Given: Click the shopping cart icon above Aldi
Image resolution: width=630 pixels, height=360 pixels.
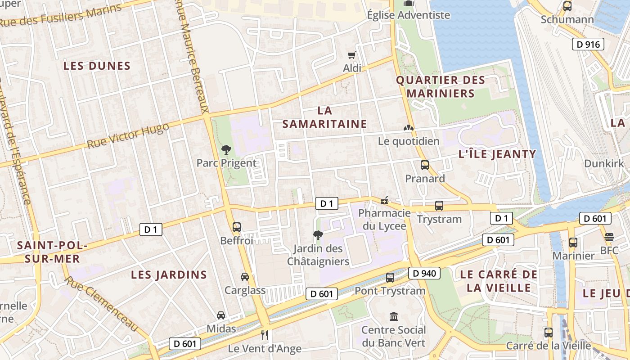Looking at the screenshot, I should click(x=351, y=55).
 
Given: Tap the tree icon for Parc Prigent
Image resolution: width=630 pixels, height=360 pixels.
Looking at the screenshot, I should click(x=226, y=150).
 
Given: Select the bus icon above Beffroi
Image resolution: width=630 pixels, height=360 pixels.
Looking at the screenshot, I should click(x=237, y=227).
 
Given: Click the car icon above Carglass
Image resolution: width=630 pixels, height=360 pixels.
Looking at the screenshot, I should click(x=245, y=277).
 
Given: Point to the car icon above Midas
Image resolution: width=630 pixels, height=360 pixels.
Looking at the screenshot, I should click(x=221, y=315).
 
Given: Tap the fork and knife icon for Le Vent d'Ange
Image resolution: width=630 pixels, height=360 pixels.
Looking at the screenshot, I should click(x=265, y=335).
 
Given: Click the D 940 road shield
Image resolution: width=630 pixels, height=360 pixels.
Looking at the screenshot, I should click(x=424, y=273).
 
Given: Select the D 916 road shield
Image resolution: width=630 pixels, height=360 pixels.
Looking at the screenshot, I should click(x=588, y=44).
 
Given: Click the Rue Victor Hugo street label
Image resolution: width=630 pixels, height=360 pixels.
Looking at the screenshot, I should click(x=128, y=135).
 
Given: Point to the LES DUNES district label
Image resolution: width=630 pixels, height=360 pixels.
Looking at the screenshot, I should click(x=97, y=66).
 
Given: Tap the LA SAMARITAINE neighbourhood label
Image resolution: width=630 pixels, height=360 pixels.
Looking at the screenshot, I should click(x=325, y=117).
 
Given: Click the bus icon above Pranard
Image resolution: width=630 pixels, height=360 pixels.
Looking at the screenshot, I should click(x=425, y=165).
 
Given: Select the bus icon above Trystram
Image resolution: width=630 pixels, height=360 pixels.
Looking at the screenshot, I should click(x=439, y=206).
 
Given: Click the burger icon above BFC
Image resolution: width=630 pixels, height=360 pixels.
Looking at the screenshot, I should click(x=609, y=237).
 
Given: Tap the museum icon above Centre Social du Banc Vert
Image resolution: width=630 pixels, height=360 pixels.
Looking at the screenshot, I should click(x=394, y=317).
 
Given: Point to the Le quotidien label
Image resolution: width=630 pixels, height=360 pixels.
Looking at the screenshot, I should click(x=409, y=141).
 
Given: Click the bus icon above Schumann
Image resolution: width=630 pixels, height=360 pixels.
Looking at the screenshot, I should click(x=567, y=6).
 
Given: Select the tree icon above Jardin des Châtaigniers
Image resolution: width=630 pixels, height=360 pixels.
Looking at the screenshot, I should click(x=318, y=235).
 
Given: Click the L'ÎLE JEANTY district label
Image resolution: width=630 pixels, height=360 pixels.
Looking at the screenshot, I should click(x=497, y=154).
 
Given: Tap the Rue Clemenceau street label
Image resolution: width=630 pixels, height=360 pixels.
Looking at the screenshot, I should click(x=101, y=304).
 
